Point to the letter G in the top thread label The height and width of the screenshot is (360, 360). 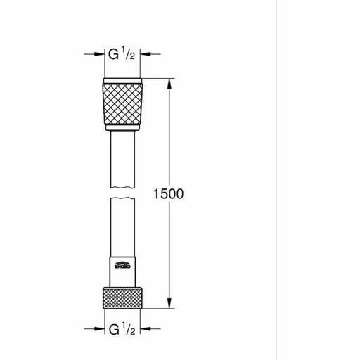pos(110,54)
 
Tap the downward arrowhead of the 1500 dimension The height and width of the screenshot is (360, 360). pos(169,304)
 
